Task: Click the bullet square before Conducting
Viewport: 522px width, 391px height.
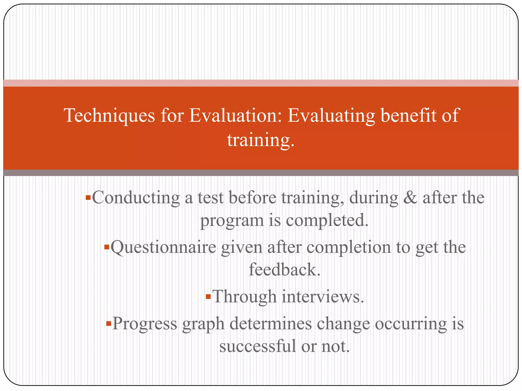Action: [x=88, y=198]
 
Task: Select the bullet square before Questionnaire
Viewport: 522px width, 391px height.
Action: [x=107, y=247]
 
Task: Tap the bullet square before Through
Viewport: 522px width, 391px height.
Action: [x=208, y=297]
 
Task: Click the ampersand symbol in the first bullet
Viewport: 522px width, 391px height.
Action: [x=410, y=198]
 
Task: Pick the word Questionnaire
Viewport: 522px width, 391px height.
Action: [x=163, y=248]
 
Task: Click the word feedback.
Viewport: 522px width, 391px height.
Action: [x=284, y=269]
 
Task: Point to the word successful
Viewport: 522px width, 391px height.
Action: [x=257, y=346]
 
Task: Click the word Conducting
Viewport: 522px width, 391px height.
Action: [x=136, y=198]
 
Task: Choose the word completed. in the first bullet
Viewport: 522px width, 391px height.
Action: [x=327, y=220]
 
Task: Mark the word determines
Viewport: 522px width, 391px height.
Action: [x=271, y=324]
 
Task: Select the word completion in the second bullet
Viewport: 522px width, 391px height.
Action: [x=348, y=248]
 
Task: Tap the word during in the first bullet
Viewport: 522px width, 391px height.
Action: [x=373, y=198]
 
